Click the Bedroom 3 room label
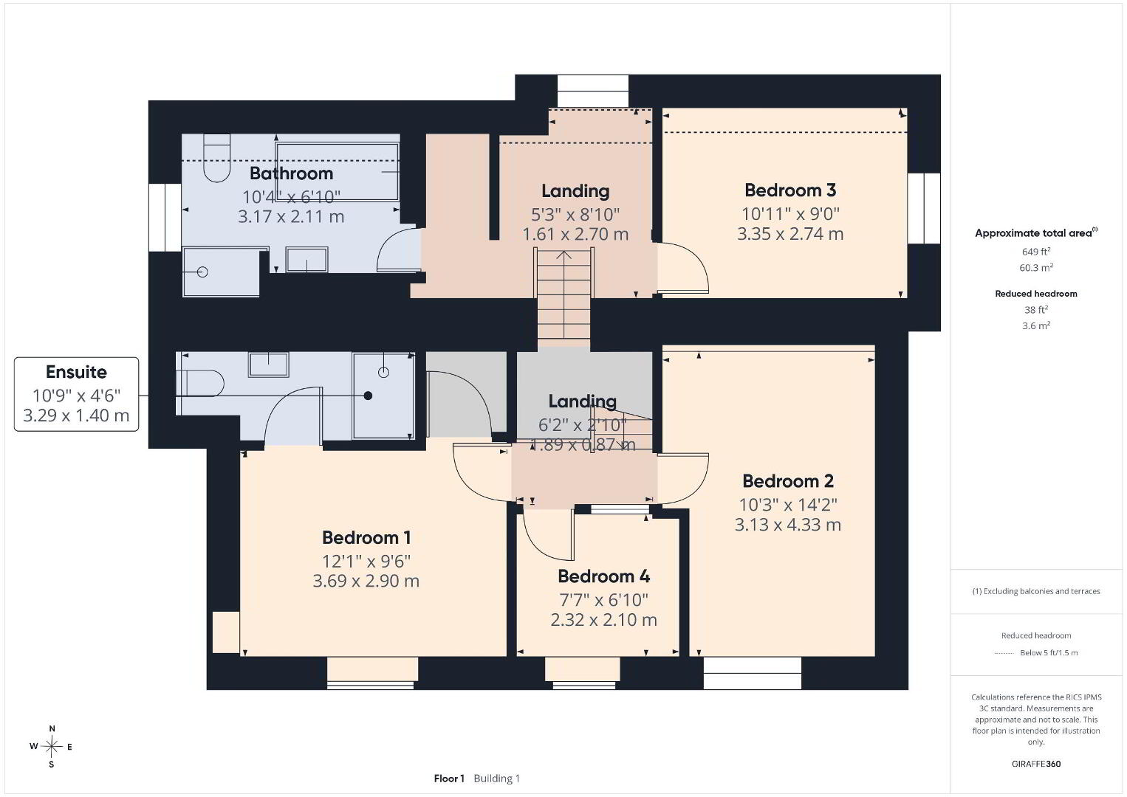coord(790,190)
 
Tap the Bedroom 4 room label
coord(603,576)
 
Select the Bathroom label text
coord(291,173)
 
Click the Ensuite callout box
coord(77,394)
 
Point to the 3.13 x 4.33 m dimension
coord(788,525)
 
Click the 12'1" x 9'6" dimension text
coord(366,561)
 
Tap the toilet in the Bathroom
coord(217,157)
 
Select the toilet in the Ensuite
coord(199,383)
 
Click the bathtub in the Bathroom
coord(337,171)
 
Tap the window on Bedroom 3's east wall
coord(924,208)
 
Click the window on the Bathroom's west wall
coord(165,217)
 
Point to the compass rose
coord(51,747)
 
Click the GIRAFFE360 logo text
coord(1036,764)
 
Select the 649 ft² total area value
coord(1036,252)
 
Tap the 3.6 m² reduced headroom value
coord(1036,325)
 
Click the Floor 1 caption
coord(449,779)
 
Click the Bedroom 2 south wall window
coord(752,673)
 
